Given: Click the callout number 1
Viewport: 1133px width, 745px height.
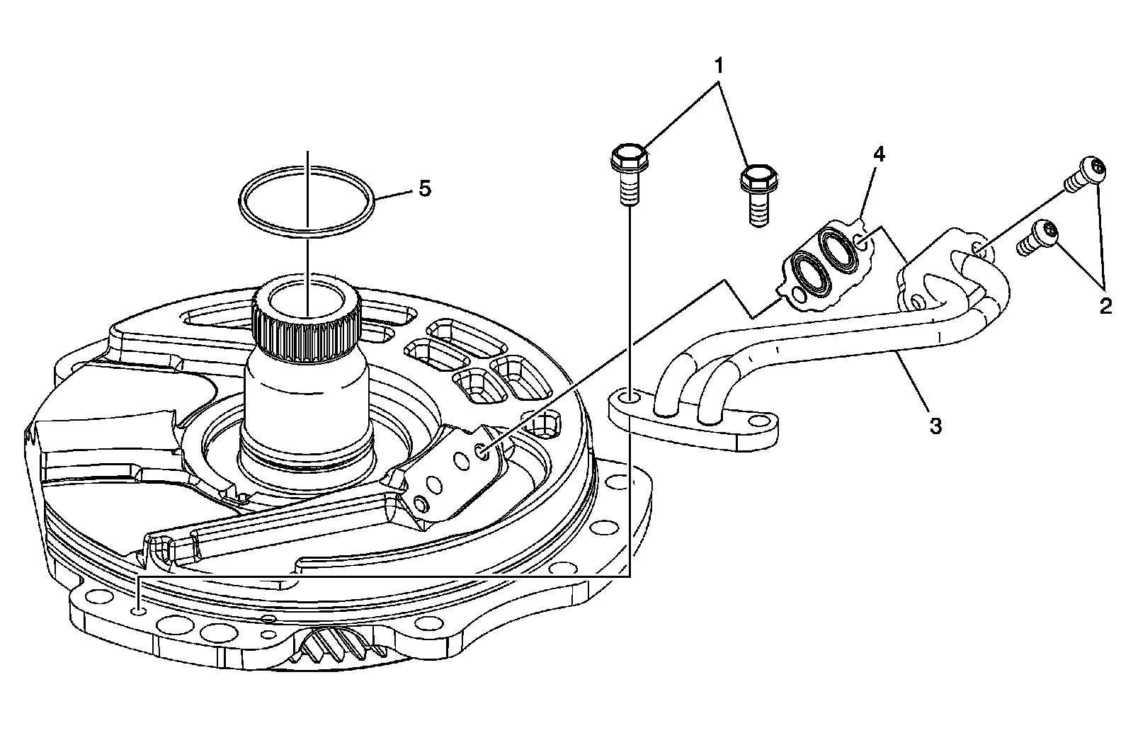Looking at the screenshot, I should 719,67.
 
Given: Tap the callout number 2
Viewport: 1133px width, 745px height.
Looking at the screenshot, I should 1105,306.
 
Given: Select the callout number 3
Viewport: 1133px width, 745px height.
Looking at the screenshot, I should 935,426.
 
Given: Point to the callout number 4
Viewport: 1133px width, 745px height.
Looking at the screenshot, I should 878,154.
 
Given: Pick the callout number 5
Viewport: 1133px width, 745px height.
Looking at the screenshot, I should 424,189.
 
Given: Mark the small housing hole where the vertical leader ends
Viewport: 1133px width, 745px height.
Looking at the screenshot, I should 140,609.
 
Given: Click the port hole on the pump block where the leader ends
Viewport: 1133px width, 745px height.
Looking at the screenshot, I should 483,450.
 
